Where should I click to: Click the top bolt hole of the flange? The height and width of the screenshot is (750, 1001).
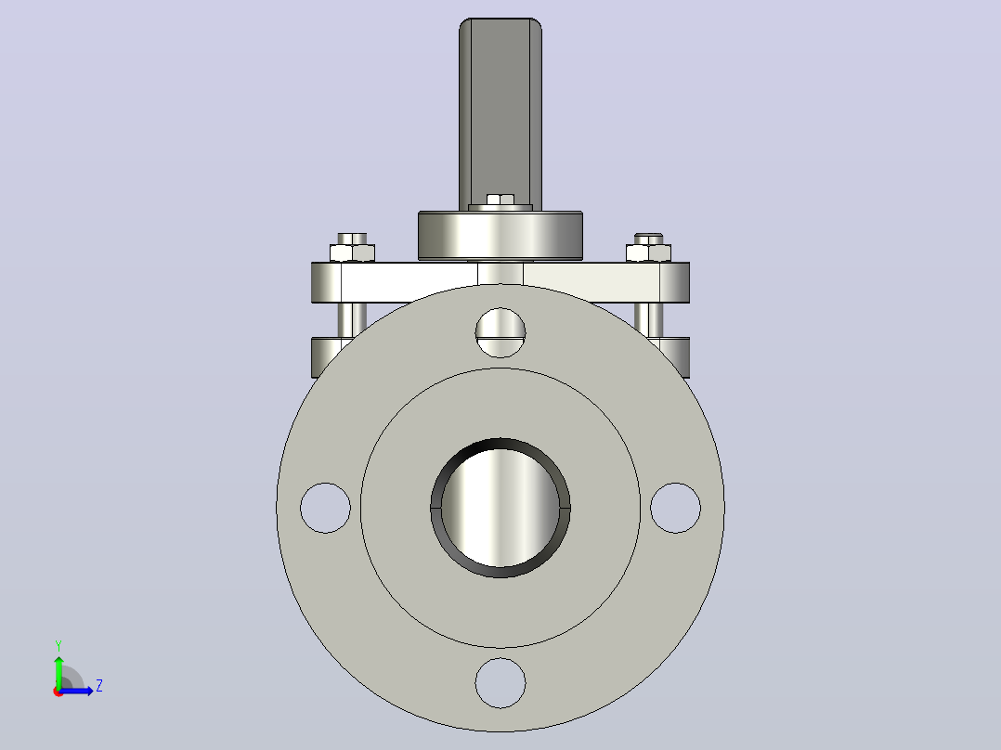500,332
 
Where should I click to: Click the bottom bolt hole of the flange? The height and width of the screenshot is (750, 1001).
500,683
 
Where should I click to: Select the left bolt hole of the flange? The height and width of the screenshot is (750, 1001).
325,508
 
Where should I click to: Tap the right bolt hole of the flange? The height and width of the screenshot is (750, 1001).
675,508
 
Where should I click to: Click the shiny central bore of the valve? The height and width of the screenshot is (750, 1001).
500,508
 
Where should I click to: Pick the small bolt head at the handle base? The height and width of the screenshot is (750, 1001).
500,200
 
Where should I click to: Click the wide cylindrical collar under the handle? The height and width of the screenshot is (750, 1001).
500,236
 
